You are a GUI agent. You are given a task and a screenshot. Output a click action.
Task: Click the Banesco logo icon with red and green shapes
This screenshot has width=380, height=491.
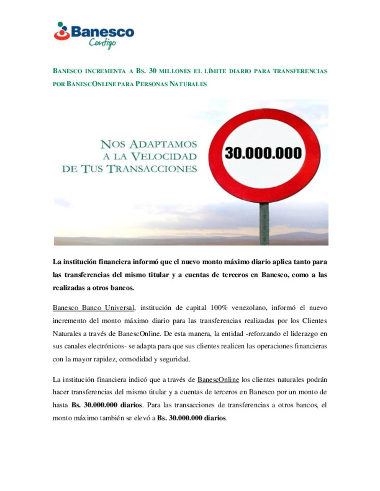point(62,32)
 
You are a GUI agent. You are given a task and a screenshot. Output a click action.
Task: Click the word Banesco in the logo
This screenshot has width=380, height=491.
point(102,32)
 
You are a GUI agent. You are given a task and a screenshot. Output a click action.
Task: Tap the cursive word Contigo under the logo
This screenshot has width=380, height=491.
point(102,43)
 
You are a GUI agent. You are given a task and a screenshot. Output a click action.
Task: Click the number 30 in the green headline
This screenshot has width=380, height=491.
point(152,71)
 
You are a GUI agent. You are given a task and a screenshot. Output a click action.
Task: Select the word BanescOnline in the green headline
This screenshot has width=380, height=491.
point(91,84)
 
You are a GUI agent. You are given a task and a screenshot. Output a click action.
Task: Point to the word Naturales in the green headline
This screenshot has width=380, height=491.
point(188,84)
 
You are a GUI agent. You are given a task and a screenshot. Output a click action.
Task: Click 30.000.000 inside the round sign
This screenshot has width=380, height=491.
point(263,153)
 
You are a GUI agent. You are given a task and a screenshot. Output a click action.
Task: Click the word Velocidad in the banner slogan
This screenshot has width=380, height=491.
point(164,156)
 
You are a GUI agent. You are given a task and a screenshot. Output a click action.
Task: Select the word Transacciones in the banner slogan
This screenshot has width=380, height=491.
point(152,169)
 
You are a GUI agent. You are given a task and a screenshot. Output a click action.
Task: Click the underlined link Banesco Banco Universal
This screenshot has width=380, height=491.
point(94,308)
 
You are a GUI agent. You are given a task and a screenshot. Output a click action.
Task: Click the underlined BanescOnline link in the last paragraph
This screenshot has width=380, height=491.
point(218,379)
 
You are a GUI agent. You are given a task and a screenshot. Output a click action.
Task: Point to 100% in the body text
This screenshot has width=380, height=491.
point(219,308)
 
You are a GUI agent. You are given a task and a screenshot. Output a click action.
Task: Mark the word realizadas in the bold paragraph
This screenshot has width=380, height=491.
point(68,288)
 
